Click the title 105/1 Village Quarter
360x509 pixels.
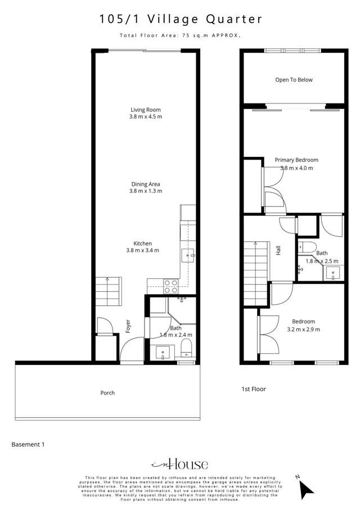tap(181, 19)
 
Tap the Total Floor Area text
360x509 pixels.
tap(180, 35)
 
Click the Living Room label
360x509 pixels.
tap(146, 110)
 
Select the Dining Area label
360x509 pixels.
tap(145, 184)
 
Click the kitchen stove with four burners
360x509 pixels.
tap(170, 286)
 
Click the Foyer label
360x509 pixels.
tap(128, 327)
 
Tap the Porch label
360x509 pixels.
tap(107, 393)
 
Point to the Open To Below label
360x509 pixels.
tap(294, 80)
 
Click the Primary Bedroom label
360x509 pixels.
tap(296, 160)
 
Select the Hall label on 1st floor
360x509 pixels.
tap(278, 250)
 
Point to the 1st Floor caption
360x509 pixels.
tap(253, 389)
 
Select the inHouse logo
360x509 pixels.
tap(180, 464)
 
